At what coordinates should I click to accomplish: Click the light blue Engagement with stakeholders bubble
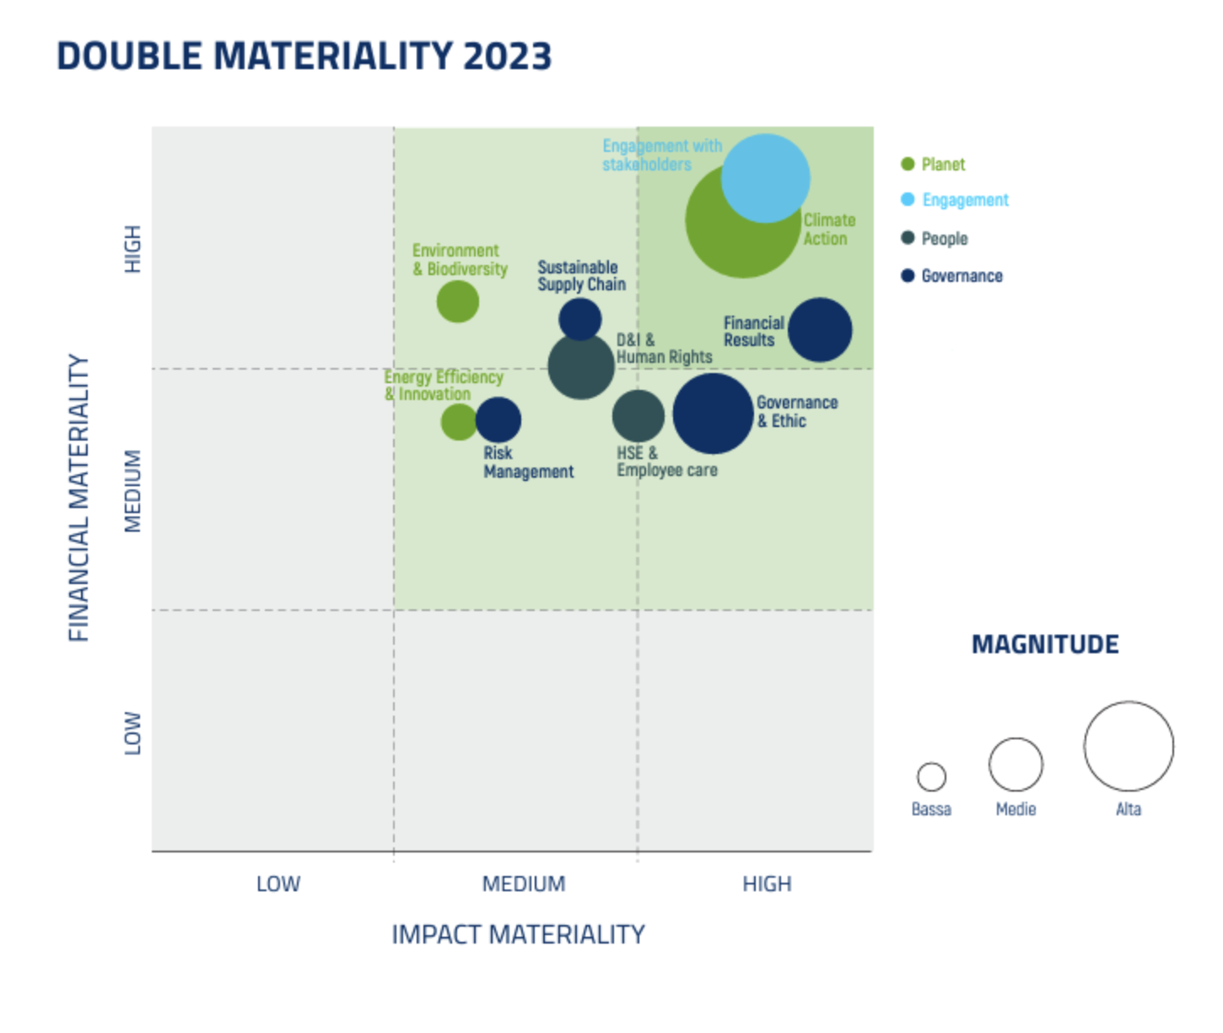(766, 178)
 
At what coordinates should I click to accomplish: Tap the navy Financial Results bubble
(820, 330)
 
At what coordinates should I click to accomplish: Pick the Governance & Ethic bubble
(713, 414)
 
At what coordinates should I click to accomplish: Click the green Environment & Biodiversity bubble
(458, 302)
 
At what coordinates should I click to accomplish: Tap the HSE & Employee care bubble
(637, 416)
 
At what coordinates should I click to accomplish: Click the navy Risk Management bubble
(499, 420)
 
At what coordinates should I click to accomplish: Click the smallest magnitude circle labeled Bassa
(931, 776)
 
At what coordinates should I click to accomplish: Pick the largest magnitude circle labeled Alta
(1129, 746)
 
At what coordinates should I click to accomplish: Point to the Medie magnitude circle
(1016, 764)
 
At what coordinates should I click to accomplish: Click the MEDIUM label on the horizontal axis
(524, 884)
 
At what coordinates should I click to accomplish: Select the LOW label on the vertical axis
(133, 733)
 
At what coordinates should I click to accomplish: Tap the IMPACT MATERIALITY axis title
(518, 934)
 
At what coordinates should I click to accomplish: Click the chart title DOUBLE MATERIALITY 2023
(304, 57)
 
